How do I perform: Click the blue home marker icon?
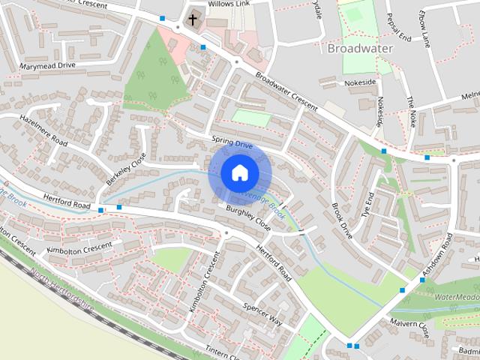point(239,173)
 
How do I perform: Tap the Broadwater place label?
point(359,48)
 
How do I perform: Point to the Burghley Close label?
point(248,218)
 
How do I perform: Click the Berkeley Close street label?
point(125,169)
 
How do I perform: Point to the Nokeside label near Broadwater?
point(360,82)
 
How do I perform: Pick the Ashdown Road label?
point(439,250)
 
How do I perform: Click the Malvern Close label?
point(408,327)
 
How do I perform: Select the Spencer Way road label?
point(262,315)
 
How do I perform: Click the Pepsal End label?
point(397,26)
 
